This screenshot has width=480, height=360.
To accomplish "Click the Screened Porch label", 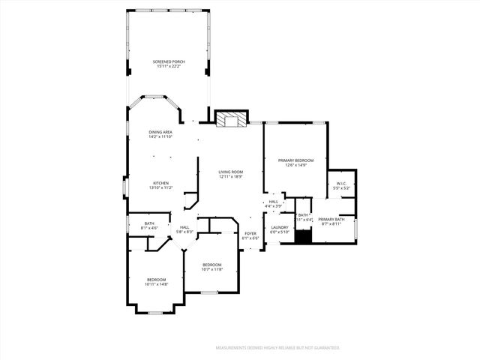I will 169,61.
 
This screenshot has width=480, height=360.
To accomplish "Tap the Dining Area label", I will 160,132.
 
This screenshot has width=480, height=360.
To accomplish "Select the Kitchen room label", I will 161,183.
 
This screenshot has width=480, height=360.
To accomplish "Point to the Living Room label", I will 231,172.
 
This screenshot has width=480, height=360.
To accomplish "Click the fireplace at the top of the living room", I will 231,118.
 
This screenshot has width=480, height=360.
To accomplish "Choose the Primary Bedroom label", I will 295,160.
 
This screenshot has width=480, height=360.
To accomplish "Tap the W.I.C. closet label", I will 341,183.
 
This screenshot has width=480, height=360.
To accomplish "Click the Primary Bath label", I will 331,220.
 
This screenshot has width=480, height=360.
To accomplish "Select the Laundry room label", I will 280,227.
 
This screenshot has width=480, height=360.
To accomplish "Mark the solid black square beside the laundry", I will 302,237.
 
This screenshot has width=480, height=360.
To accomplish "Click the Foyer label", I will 250,233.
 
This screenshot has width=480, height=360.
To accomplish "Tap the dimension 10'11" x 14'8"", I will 157,284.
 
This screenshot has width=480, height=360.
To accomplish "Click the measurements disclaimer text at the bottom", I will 278,348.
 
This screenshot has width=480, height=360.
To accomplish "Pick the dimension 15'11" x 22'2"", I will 169,66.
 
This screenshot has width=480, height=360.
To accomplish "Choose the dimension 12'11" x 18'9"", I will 231,176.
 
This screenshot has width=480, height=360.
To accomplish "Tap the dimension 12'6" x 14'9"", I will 295,165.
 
